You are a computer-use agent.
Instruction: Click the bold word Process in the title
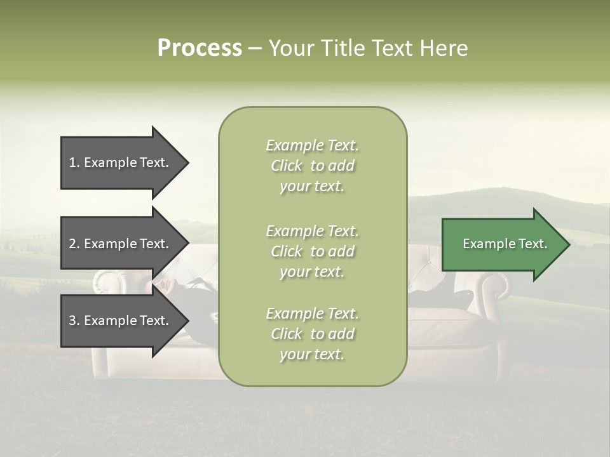pyautogui.click(x=200, y=48)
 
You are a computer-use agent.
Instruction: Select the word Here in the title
pyautogui.click(x=442, y=48)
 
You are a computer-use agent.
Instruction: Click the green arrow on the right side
pyautogui.click(x=502, y=244)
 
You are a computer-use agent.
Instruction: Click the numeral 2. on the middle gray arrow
pyautogui.click(x=74, y=244)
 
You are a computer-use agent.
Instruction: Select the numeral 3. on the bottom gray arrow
pyautogui.click(x=74, y=321)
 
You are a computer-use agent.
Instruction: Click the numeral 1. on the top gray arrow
pyautogui.click(x=74, y=162)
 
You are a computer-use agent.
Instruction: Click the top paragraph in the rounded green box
pyautogui.click(x=312, y=166)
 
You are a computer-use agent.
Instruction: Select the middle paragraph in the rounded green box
pyautogui.click(x=312, y=251)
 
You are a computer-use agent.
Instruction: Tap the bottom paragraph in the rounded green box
pyautogui.click(x=312, y=334)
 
